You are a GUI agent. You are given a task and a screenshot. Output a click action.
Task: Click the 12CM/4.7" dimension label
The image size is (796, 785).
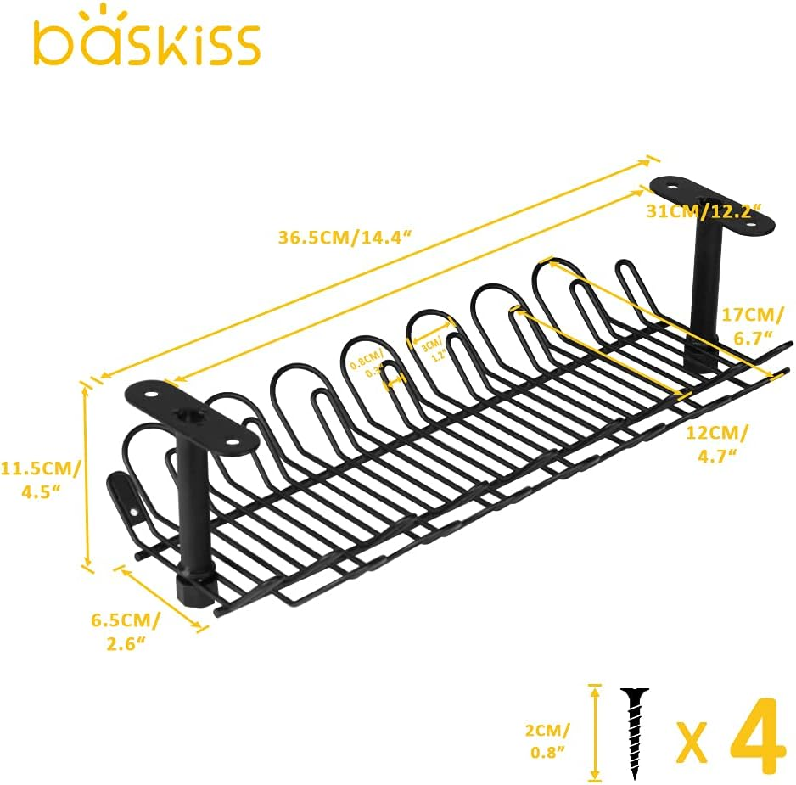click(717, 444)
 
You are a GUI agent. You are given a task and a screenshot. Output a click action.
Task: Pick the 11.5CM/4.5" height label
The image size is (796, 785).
click(40, 480)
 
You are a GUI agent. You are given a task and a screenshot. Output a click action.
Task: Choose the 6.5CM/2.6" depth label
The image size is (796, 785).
click(125, 631)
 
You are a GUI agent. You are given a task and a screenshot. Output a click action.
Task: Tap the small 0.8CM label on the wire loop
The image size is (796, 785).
click(367, 365)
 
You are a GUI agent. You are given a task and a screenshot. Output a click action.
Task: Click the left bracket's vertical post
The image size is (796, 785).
click(191, 518)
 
